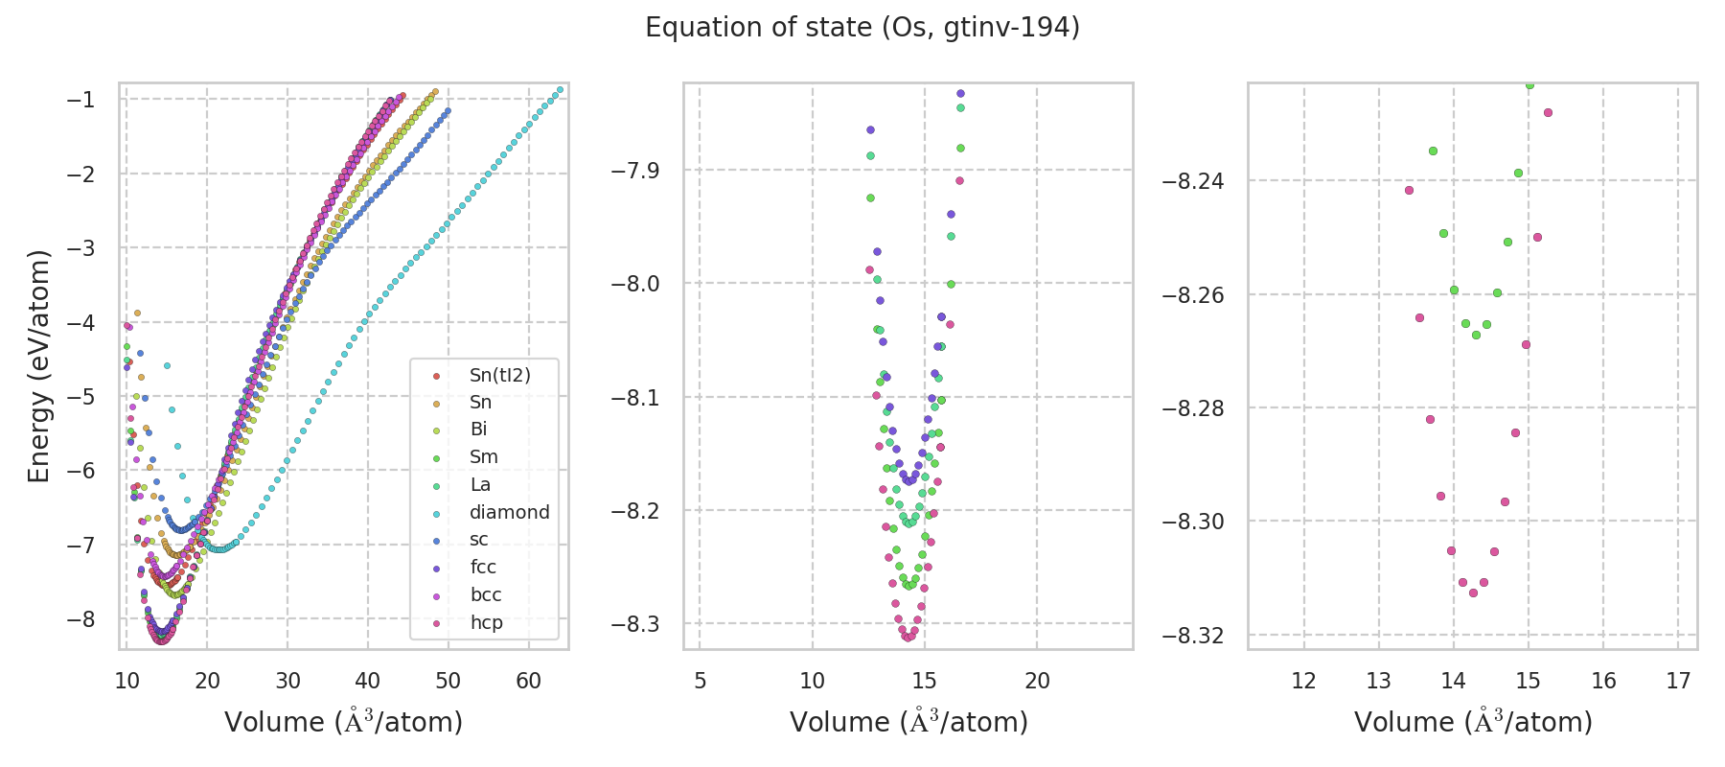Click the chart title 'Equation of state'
(x=862, y=28)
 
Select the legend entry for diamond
(x=509, y=512)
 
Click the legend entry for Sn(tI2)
(x=499, y=375)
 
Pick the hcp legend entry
(x=486, y=622)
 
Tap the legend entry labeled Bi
(x=478, y=430)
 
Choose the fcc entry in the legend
(x=483, y=567)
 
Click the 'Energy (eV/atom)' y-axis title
(x=39, y=366)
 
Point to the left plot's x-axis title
(x=343, y=722)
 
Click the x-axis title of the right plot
(x=1473, y=722)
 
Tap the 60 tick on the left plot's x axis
(x=528, y=681)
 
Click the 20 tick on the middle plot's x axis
(x=1037, y=681)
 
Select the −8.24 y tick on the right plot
(x=1192, y=181)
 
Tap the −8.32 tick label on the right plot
(x=1192, y=636)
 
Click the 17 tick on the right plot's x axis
(x=1678, y=681)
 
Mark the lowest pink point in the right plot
(x=1473, y=593)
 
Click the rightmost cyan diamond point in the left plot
(x=561, y=89)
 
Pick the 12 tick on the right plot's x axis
(x=1303, y=681)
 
